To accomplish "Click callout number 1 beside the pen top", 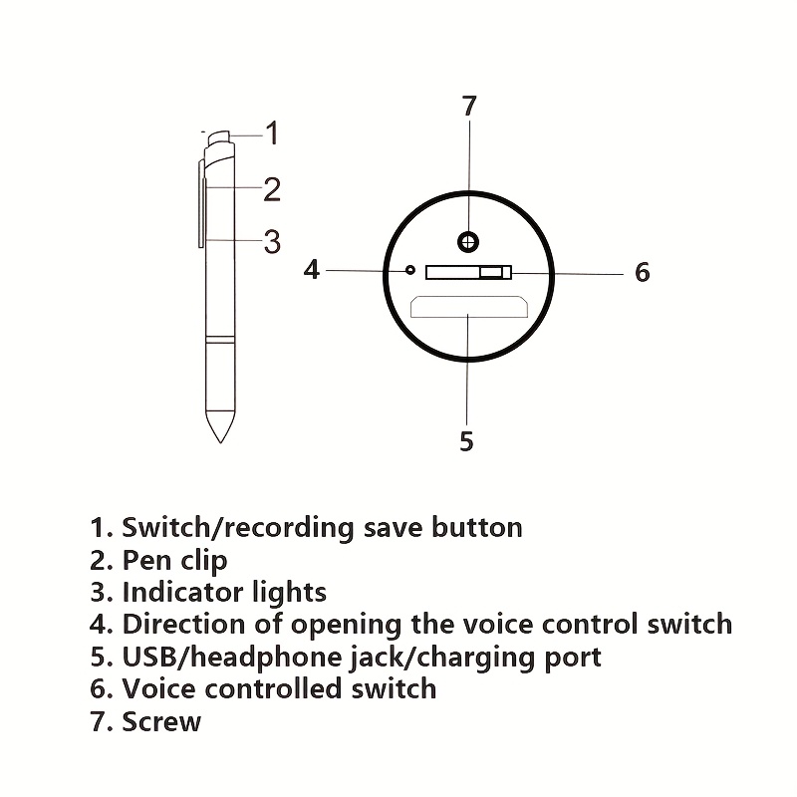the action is (273, 133).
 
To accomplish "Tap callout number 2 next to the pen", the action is (272, 189).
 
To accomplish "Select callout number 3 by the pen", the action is (272, 241).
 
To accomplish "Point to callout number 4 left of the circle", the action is (312, 269).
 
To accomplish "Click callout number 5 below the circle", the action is (466, 440).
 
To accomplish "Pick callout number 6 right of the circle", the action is (643, 272).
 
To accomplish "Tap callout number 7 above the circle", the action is (469, 106).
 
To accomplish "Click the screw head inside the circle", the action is (468, 242).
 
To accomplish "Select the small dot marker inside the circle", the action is (410, 270).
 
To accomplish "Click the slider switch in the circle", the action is (468, 272).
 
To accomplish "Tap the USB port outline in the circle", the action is (469, 307).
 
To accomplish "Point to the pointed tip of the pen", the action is (220, 442).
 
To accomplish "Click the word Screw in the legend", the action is (161, 721).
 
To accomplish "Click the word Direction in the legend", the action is (184, 624).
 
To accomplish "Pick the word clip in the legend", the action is (204, 561).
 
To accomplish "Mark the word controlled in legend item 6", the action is (273, 688).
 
